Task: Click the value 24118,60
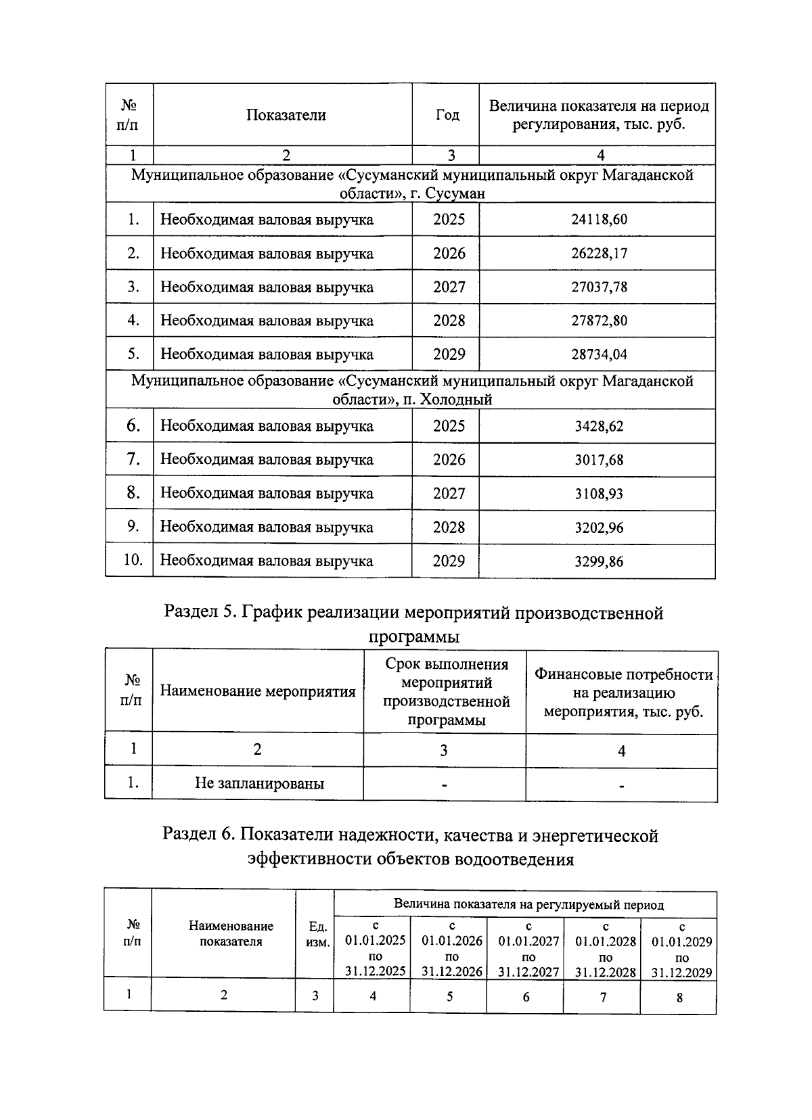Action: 599,219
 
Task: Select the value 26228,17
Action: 599,253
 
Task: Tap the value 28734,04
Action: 599,354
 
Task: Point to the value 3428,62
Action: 599,426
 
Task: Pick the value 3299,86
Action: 599,561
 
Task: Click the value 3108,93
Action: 599,494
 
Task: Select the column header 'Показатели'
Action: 286,115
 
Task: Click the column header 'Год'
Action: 447,115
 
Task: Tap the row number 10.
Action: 133,560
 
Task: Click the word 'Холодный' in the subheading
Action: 456,400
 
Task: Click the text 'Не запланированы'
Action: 259,784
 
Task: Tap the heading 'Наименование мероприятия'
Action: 258,691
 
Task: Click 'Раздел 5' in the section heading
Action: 200,613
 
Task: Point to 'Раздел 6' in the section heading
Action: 198,836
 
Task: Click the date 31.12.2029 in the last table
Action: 681,973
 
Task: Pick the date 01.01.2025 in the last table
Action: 375,941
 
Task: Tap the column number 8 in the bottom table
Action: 680,997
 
